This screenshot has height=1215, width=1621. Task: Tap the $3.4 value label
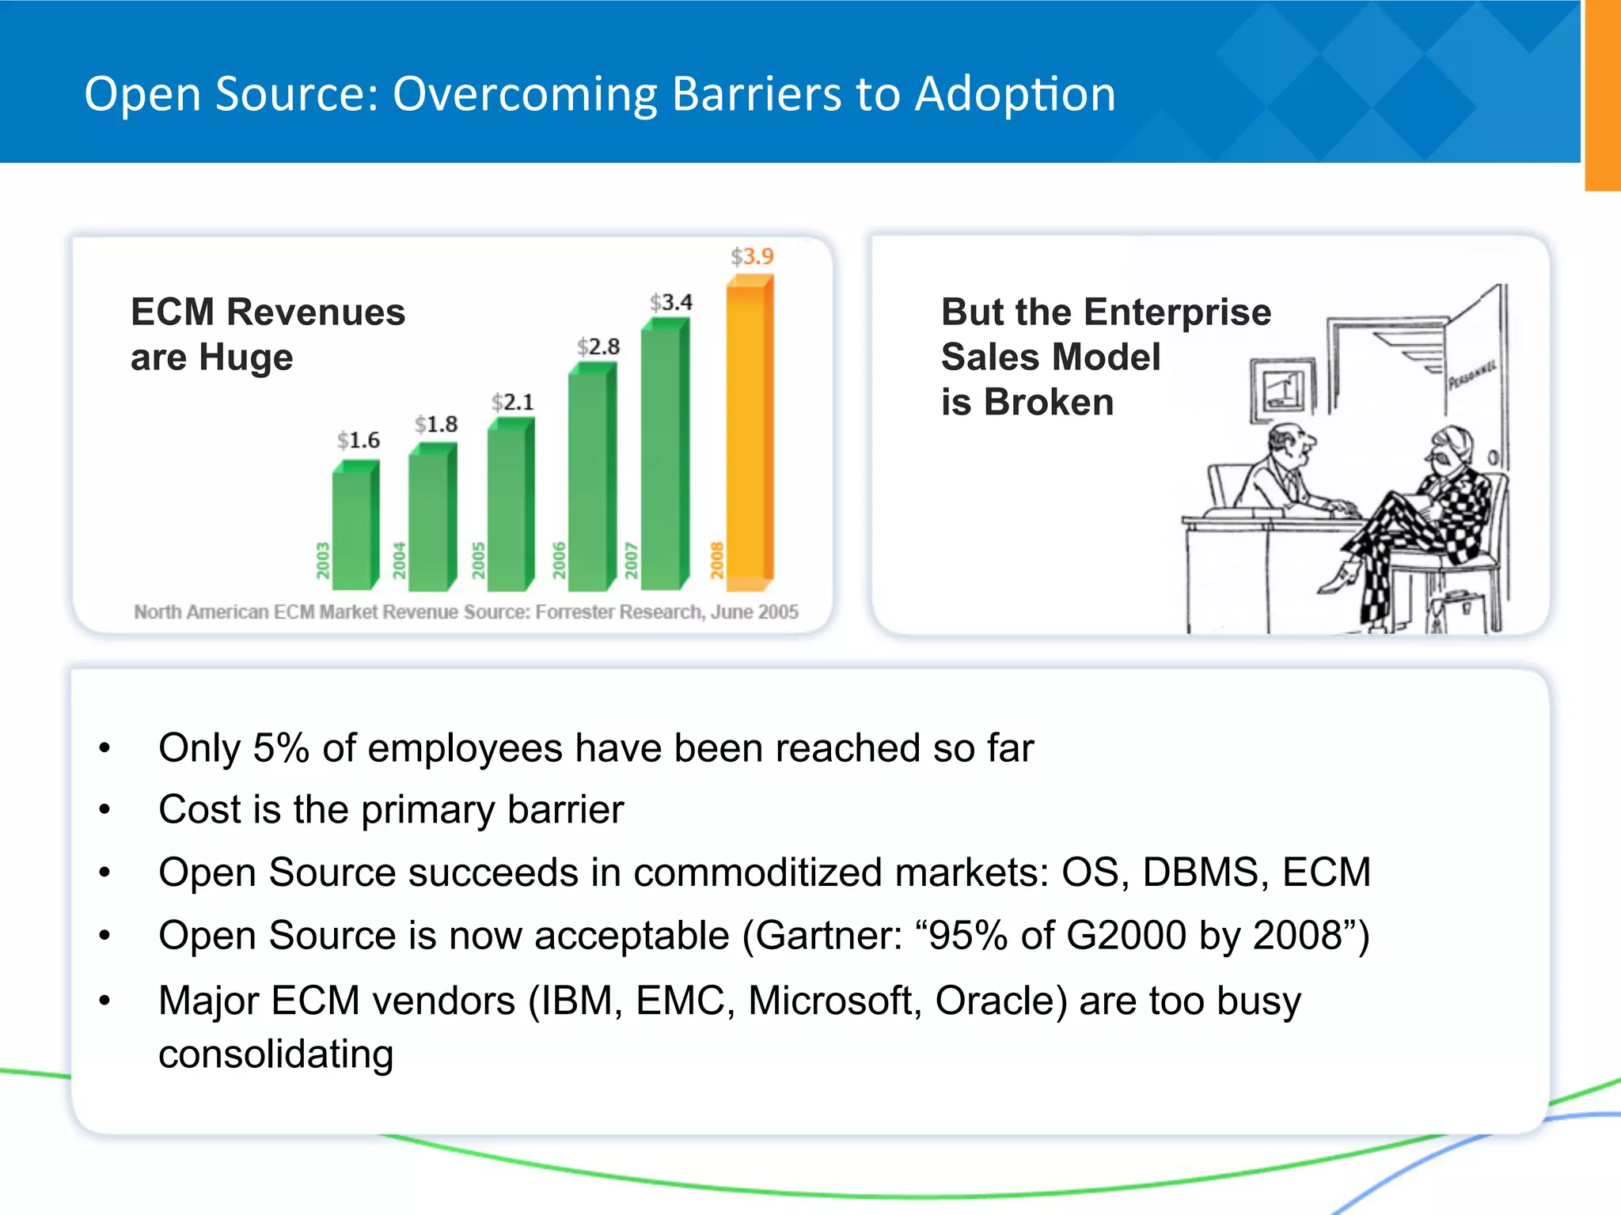click(x=671, y=302)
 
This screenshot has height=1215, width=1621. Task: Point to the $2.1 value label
click(x=513, y=402)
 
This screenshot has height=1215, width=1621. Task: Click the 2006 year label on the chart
click(x=559, y=560)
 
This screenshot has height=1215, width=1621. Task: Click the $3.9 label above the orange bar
click(x=752, y=256)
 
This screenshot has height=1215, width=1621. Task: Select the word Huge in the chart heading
click(x=245, y=358)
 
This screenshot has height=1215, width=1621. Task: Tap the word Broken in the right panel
click(x=1049, y=403)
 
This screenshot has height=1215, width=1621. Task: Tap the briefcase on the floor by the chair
click(x=1452, y=609)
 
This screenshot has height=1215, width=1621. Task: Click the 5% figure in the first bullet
click(x=281, y=748)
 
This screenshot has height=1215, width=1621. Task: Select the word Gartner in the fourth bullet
click(x=828, y=936)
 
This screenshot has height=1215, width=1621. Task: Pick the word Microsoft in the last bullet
click(x=830, y=1001)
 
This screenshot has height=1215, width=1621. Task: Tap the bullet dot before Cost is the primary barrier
click(x=104, y=810)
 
